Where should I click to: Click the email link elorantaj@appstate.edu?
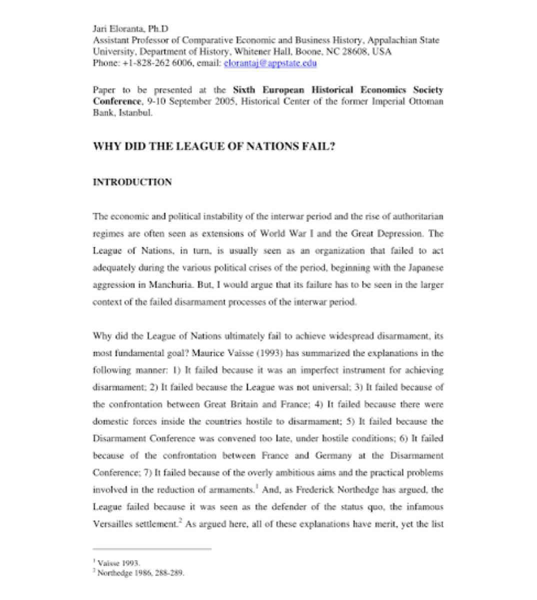pos(270,63)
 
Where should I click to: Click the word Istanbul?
pos(135,112)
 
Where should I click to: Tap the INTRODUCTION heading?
pos(132,182)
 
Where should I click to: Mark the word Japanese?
pos(426,268)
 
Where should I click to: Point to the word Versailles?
pos(113,524)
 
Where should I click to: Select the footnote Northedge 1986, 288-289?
pos(140,573)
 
